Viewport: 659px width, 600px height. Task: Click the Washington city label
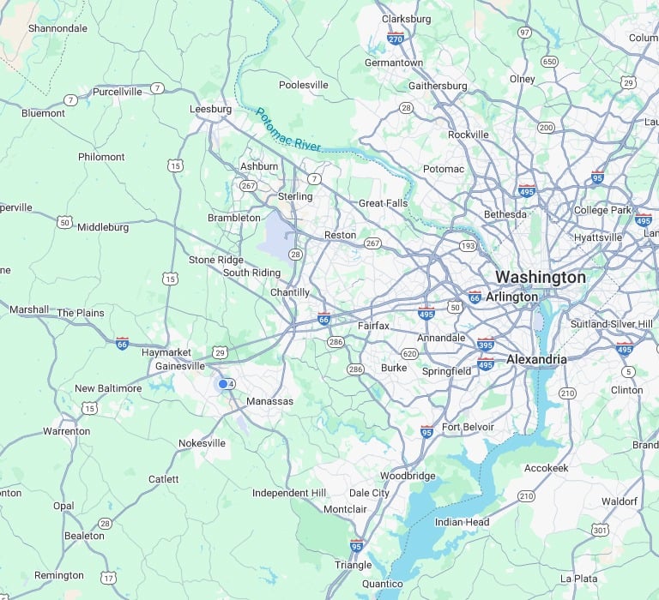(x=541, y=278)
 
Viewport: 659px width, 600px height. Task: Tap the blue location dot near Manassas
(x=223, y=384)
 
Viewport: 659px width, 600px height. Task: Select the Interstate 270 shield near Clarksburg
(x=396, y=39)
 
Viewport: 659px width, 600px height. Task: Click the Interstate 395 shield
(x=486, y=344)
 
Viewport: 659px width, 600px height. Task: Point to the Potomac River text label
(x=287, y=129)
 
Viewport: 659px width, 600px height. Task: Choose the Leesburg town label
(x=210, y=110)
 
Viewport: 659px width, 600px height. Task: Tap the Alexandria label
(x=536, y=359)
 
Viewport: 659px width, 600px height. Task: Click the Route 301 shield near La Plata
(x=600, y=530)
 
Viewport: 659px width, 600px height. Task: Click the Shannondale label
(x=57, y=28)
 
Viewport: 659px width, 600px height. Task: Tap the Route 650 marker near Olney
(x=549, y=62)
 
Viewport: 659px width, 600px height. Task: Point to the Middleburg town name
(x=103, y=227)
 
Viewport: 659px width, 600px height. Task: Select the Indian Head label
(x=462, y=522)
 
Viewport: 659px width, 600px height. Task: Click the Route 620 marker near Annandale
(x=409, y=354)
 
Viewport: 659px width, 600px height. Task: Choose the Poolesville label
(x=304, y=85)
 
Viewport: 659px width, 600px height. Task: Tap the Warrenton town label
(x=66, y=431)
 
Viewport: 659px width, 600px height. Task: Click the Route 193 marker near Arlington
(x=468, y=246)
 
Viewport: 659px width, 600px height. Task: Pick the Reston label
(x=340, y=235)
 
